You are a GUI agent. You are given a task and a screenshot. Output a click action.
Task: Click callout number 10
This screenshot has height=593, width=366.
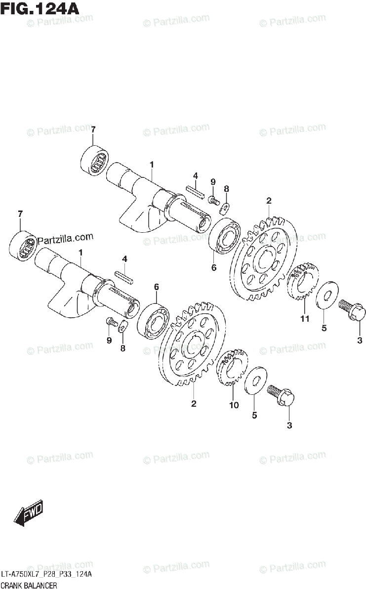coord(234,405)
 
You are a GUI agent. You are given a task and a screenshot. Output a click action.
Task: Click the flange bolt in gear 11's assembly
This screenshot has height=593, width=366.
coord(353,311)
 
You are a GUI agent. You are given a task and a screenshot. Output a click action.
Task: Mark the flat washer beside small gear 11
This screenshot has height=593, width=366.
coord(325,296)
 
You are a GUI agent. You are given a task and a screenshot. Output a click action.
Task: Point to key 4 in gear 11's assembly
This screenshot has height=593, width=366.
coord(195,191)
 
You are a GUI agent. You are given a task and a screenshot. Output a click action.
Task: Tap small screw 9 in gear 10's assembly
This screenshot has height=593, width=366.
coord(112,323)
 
